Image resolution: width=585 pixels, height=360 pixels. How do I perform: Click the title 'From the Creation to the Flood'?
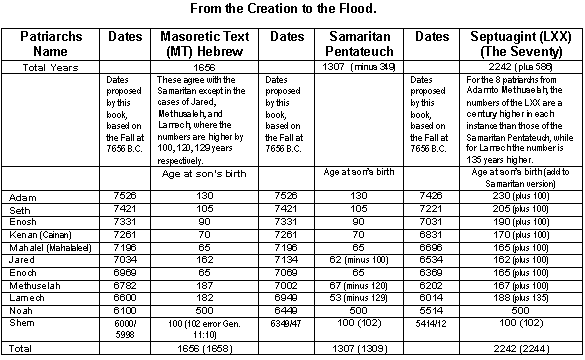click(292, 8)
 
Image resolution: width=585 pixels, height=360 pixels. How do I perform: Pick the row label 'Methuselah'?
click(35, 283)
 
